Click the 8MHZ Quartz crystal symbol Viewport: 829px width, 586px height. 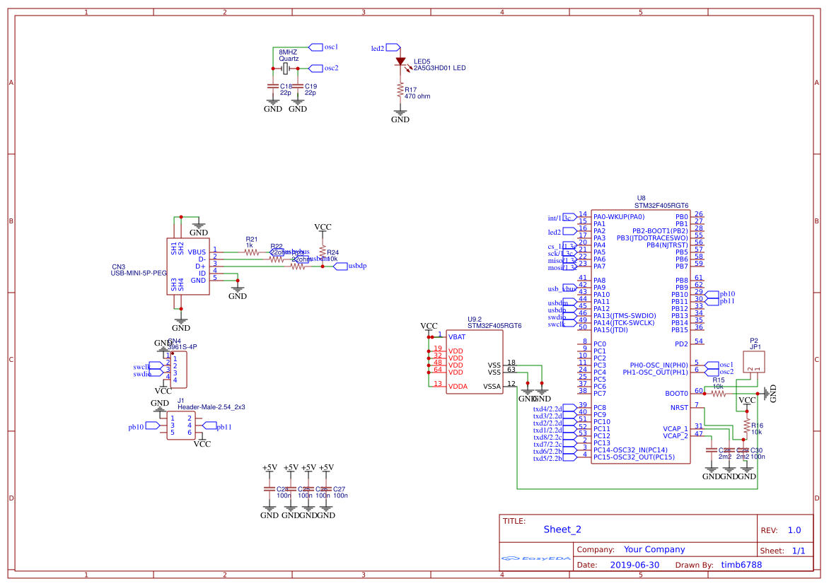[285, 69]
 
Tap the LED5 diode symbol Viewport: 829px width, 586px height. [400, 62]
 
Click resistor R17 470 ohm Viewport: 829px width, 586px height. [400, 90]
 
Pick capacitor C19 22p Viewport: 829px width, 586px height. [298, 86]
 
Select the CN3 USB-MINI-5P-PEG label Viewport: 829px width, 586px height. [139, 273]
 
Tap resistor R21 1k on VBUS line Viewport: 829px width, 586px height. [252, 252]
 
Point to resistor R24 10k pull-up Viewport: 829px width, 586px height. [323, 252]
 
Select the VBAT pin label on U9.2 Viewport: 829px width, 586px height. [456, 336]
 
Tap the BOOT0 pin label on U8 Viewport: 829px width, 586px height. [676, 393]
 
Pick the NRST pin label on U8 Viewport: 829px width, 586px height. [678, 407]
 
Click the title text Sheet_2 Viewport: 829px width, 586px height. [562, 529]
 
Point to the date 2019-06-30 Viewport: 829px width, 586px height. [634, 565]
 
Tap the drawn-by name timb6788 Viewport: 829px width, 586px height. [741, 565]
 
